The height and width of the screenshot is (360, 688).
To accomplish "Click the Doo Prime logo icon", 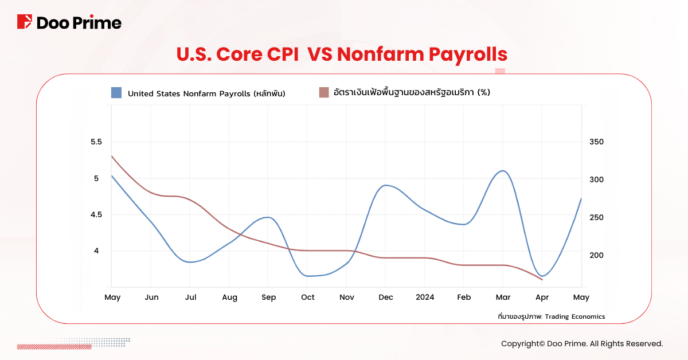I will pyautogui.click(x=25, y=22).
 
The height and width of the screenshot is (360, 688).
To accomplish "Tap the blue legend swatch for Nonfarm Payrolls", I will pyautogui.click(x=117, y=93).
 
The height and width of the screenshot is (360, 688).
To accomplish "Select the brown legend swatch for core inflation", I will pyautogui.click(x=324, y=93).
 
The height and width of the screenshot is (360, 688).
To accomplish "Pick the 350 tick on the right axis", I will pyautogui.click(x=597, y=142).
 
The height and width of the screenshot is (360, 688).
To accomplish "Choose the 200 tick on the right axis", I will pyautogui.click(x=597, y=255).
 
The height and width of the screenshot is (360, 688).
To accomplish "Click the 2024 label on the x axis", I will pyautogui.click(x=425, y=297).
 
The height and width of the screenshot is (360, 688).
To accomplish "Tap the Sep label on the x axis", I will pyautogui.click(x=268, y=297).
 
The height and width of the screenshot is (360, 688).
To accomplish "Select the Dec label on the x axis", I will pyautogui.click(x=386, y=297).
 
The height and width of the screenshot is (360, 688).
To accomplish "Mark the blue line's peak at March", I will pyautogui.click(x=502, y=171).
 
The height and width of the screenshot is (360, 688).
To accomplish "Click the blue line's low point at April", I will pyautogui.click(x=542, y=276).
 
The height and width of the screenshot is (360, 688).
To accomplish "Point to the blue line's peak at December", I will pyautogui.click(x=386, y=185).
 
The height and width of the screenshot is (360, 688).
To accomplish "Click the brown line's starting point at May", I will pyautogui.click(x=111, y=155).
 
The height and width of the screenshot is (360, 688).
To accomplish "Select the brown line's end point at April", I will pyautogui.click(x=542, y=280).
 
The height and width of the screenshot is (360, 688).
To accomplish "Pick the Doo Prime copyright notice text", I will pyautogui.click(x=581, y=344).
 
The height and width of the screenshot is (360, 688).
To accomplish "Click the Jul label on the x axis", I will pyautogui.click(x=191, y=297).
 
